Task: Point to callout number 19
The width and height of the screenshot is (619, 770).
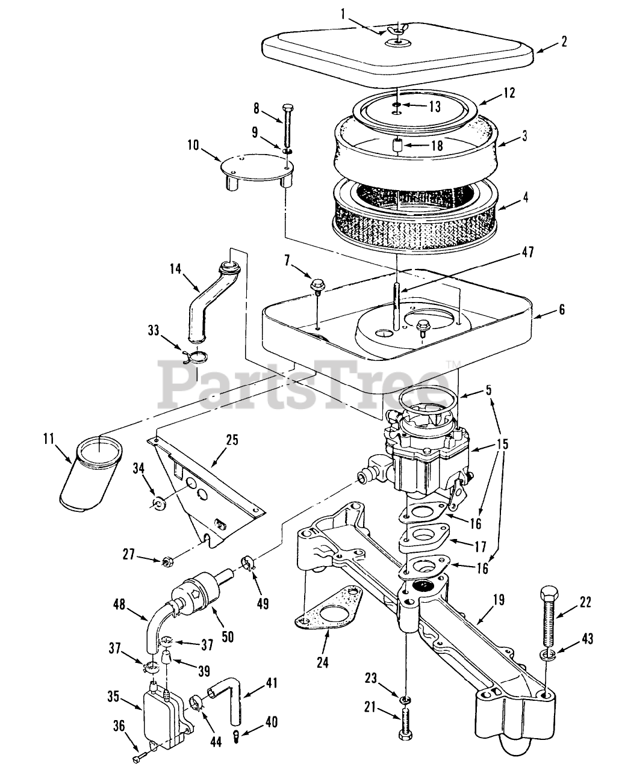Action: pyautogui.click(x=499, y=600)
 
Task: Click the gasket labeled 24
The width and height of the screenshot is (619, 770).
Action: pyautogui.click(x=329, y=615)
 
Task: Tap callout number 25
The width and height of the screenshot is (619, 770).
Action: pyautogui.click(x=232, y=440)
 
